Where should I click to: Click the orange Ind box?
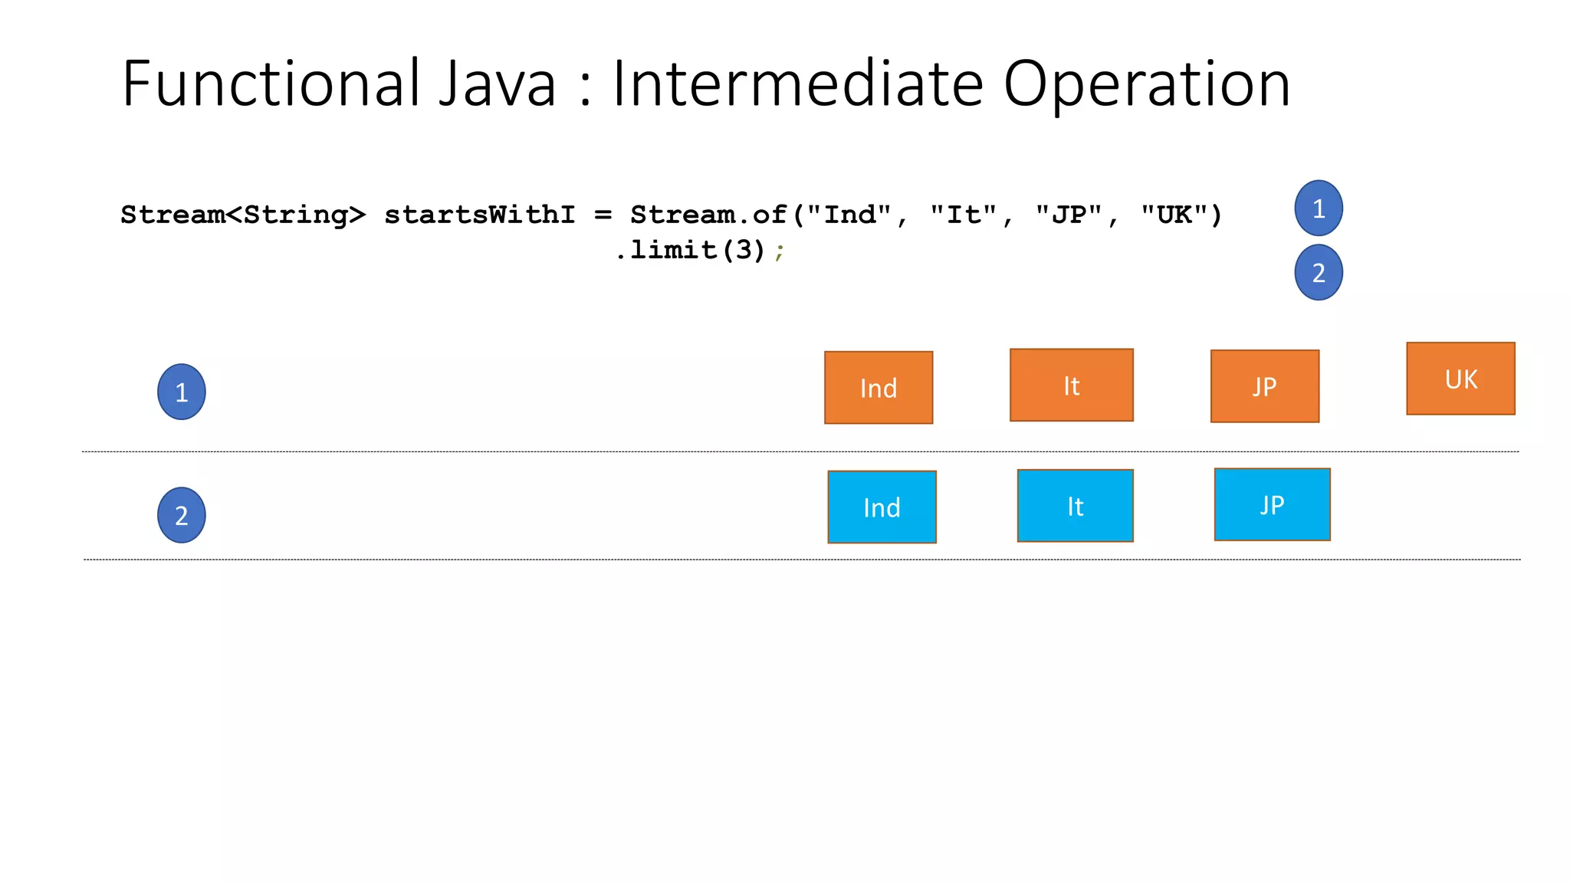click(x=879, y=388)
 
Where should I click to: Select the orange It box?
click(x=1071, y=386)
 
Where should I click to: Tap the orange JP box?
click(x=1265, y=386)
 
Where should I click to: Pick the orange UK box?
click(x=1460, y=379)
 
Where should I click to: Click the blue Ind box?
click(x=882, y=507)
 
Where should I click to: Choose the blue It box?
click(x=1075, y=506)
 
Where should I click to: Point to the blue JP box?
click(x=1272, y=504)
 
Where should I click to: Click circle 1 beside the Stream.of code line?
click(x=1319, y=208)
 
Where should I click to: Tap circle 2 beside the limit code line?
click(x=1319, y=272)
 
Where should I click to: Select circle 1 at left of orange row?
click(x=182, y=392)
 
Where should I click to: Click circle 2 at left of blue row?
click(x=182, y=515)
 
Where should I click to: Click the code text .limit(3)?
click(x=690, y=250)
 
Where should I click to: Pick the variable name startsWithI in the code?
click(x=479, y=215)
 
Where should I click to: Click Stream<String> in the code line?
click(x=243, y=215)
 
